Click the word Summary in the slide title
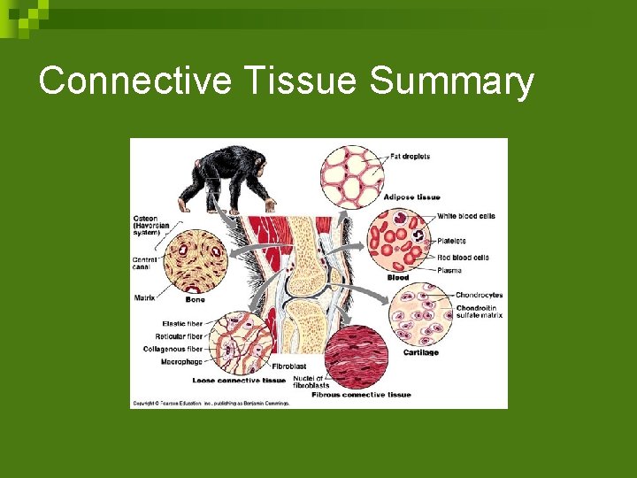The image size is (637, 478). (x=451, y=81)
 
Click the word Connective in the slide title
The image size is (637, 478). (x=134, y=81)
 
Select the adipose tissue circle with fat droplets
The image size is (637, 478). (x=351, y=175)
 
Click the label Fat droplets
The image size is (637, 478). (x=410, y=157)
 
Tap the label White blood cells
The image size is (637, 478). (x=465, y=216)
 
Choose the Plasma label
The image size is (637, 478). (x=450, y=269)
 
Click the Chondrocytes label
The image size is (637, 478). (x=479, y=295)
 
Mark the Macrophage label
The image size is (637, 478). (x=182, y=361)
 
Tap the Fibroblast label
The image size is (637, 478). (x=289, y=366)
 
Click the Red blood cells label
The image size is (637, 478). (x=463, y=258)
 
